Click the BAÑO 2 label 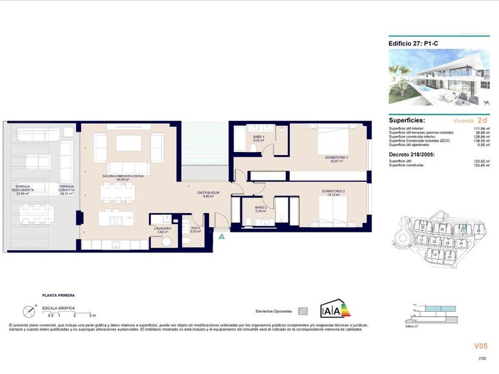[261, 209]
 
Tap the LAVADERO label [162, 229]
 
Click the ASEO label [195, 229]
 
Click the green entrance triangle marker [222, 237]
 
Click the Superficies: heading [407, 121]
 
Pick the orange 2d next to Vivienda [482, 120]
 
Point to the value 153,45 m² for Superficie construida [480, 166]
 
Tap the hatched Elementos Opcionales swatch [301, 311]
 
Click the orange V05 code [481, 346]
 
